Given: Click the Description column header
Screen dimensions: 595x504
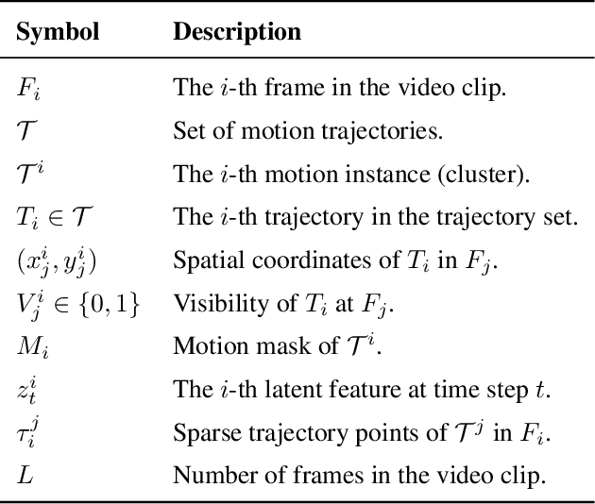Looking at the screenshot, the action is point(237,32).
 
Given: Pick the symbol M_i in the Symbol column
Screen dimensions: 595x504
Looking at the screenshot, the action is point(31,344).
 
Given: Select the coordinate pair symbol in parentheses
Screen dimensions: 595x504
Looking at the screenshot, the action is point(56,260).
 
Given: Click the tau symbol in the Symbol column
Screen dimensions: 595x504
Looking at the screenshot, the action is point(27,430).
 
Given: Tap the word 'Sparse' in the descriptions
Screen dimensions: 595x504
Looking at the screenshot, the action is point(199,431).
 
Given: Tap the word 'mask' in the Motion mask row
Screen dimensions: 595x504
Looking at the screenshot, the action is point(256,345).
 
